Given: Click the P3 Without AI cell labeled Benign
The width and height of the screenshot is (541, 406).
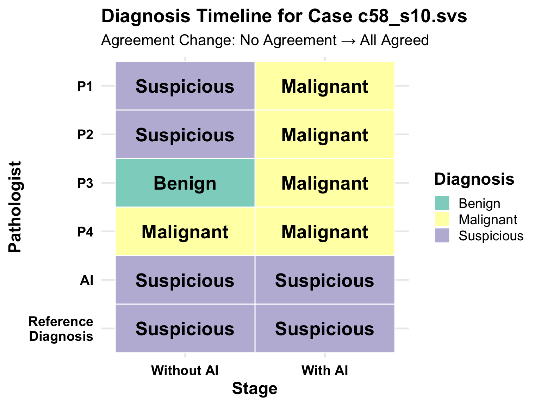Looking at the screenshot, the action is (x=185, y=183).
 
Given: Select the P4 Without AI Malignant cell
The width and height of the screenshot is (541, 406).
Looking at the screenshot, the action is (x=185, y=231).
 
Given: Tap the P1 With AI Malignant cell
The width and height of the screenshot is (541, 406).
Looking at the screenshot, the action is (x=325, y=86).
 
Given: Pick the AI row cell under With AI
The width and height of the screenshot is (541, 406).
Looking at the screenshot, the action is (x=325, y=280).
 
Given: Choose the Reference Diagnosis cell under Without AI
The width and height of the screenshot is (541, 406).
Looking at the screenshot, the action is (x=185, y=328).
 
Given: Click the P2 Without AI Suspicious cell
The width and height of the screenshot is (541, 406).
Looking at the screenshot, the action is (x=185, y=134).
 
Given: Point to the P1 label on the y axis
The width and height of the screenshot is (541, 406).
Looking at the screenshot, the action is (x=85, y=86).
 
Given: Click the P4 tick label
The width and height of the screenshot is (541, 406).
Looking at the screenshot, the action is (x=85, y=232).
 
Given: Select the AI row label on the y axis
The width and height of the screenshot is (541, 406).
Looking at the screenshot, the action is (x=87, y=280).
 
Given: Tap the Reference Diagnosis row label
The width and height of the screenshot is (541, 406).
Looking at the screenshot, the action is (x=61, y=329).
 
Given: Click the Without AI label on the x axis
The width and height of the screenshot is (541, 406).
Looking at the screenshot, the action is (x=185, y=370).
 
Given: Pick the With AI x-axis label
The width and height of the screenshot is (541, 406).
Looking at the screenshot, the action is (x=325, y=370).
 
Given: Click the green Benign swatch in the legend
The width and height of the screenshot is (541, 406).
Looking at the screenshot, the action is (x=442, y=203).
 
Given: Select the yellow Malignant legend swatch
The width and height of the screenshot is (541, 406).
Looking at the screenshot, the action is (x=442, y=219).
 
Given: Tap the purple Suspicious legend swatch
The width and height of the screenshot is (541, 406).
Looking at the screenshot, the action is (x=442, y=235).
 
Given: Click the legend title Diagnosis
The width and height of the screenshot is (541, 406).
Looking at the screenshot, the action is (x=474, y=179).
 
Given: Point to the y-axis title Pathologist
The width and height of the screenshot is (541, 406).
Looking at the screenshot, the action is (x=15, y=207).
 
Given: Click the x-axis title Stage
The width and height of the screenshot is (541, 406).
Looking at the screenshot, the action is (x=255, y=389).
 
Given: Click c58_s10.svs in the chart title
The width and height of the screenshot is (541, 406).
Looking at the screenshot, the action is (x=412, y=16).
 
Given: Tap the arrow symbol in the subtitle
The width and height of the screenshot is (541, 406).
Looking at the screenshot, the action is (x=348, y=41).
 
